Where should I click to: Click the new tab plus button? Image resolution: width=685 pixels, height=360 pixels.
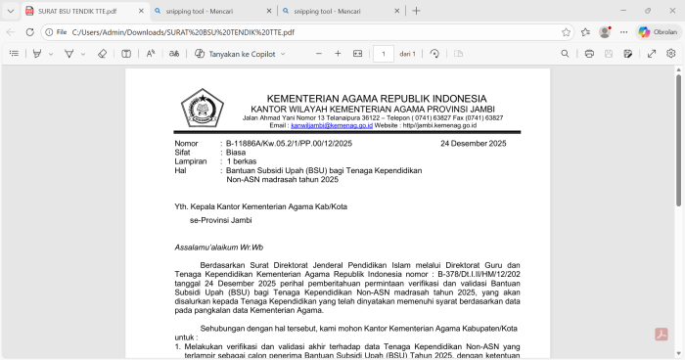416,11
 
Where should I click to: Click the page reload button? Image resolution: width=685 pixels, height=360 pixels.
30,31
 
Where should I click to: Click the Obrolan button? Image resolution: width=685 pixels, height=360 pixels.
658,31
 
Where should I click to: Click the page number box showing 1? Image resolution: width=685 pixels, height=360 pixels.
383,54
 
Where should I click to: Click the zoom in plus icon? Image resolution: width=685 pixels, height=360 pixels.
338,54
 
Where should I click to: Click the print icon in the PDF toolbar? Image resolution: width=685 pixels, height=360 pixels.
589,54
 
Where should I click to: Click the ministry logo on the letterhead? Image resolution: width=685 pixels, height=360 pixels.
202,108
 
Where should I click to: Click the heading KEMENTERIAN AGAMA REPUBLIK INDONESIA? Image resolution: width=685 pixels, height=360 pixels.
377,99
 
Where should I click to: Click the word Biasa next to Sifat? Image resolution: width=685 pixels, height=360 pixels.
236,153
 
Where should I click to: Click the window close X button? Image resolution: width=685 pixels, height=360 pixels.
670,11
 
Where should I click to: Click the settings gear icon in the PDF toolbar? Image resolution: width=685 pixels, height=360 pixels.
671,54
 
